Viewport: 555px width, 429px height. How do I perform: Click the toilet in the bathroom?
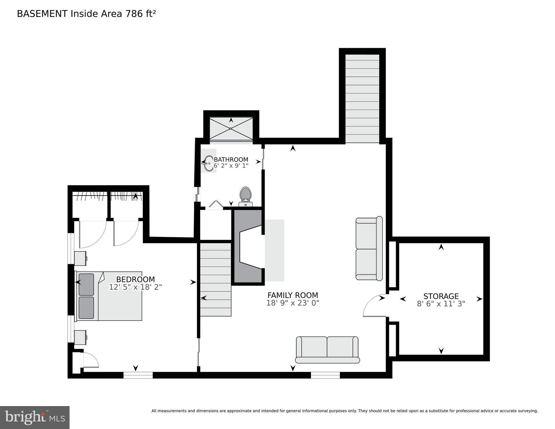246,196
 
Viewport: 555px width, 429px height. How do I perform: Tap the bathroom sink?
208,163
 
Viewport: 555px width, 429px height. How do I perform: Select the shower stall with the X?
231,129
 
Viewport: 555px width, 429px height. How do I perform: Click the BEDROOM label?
135,279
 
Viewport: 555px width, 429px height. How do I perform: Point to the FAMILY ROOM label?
292,295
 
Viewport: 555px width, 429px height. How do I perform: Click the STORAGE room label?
441,296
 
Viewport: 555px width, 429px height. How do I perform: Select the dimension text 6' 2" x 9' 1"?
231,165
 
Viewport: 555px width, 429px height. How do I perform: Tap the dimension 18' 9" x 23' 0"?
292,303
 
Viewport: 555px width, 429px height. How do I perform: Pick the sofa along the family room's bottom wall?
327,350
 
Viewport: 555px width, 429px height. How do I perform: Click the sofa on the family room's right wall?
369,248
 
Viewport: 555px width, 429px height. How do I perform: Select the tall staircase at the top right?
362,98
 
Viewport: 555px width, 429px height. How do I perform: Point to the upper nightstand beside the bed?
80,258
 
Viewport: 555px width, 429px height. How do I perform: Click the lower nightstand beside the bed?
80,337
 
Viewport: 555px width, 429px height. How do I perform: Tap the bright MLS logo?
35,417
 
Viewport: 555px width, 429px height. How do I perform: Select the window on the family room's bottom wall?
325,375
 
